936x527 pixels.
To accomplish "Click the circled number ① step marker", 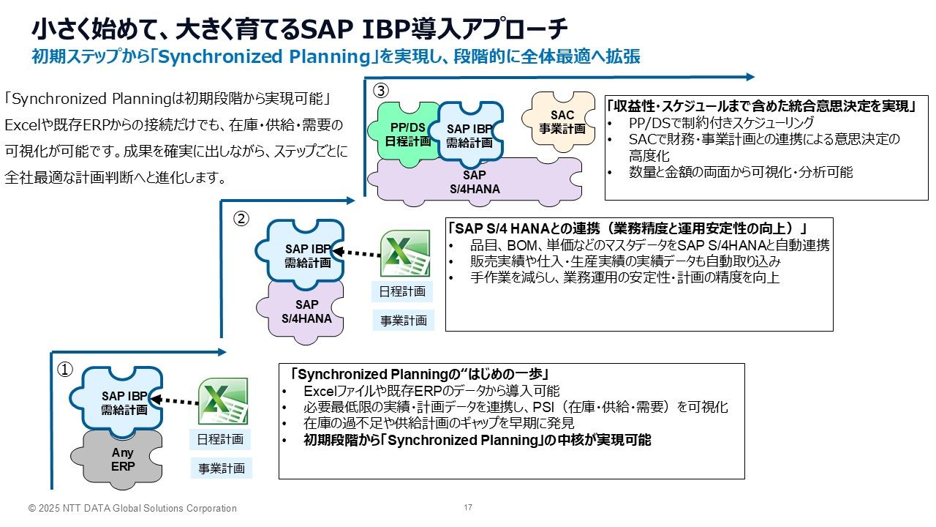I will click(64, 370).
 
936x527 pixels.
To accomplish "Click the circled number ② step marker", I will click(241, 217).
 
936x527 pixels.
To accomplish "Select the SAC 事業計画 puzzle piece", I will click(562, 121).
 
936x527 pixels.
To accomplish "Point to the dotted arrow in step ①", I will click(176, 400).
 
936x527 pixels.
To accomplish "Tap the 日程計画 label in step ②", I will click(401, 291).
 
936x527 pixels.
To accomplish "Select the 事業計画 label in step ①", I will click(221, 468).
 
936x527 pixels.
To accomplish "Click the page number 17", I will click(468, 507).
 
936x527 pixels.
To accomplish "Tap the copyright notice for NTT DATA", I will click(132, 508).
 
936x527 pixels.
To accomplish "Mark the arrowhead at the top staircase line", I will click(750, 76).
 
